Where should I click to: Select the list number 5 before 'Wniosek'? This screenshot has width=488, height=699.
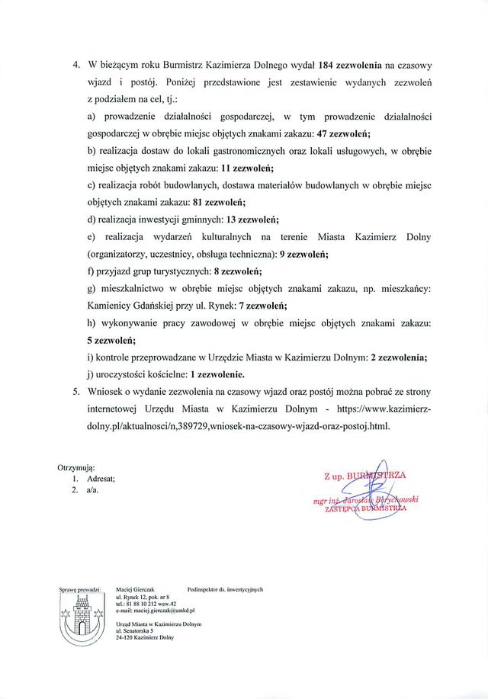click(76, 392)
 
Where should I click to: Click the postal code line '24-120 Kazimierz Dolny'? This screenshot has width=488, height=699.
click(144, 637)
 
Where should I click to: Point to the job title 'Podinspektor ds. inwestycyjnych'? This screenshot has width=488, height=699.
click(224, 590)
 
